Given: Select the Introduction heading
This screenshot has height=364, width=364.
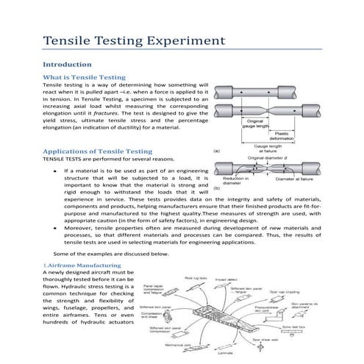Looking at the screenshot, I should (67, 64).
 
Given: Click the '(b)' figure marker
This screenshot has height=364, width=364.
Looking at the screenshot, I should (217, 189).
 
